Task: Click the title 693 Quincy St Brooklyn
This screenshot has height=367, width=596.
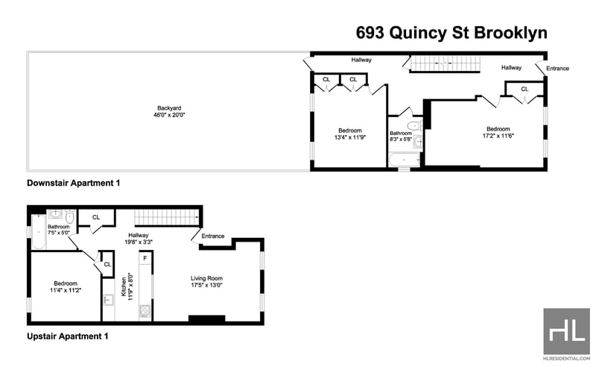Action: point(451,33)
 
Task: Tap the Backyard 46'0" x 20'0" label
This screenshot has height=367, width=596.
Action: point(169,112)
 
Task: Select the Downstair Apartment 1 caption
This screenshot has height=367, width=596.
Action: point(73,183)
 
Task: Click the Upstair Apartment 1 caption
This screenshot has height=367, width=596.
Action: point(68,336)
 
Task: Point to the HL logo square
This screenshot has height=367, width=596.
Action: point(566,331)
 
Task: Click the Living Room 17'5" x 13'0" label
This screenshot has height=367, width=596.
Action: point(206,282)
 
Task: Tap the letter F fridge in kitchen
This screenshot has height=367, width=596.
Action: point(145,258)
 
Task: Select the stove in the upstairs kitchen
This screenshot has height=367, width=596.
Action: point(145,311)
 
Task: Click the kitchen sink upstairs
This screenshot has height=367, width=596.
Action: point(108,300)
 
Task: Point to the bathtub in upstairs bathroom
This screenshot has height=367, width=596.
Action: point(39,231)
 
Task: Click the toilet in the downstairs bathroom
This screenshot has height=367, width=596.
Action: point(414,125)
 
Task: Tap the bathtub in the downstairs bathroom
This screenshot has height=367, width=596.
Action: point(404,160)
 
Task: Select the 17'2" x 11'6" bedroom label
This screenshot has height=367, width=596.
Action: point(498,132)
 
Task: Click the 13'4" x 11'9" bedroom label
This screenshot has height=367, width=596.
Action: point(349,134)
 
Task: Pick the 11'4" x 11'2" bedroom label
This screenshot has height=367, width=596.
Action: point(66,286)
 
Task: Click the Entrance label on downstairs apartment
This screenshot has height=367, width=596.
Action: point(557,69)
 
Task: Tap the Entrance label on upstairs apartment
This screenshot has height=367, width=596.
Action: point(213,236)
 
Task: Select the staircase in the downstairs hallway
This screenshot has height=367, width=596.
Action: point(445,63)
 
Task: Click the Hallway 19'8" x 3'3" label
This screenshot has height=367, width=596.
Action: point(139,238)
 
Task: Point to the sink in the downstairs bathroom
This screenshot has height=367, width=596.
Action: point(418,141)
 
